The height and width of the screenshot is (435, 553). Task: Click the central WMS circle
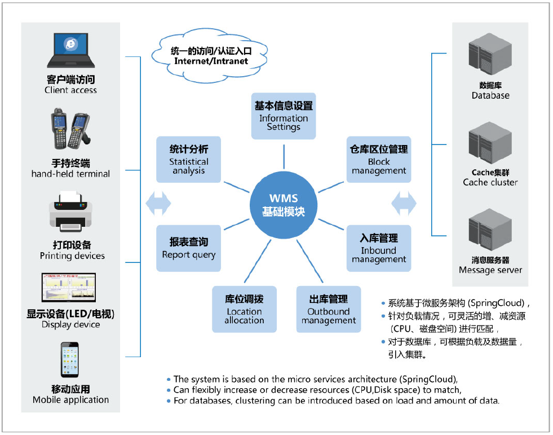(x=284, y=205)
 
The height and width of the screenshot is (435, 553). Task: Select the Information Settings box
(x=284, y=116)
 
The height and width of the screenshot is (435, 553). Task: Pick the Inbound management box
(x=379, y=248)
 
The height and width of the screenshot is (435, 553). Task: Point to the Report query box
(x=189, y=248)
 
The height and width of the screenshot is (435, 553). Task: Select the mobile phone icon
(x=70, y=359)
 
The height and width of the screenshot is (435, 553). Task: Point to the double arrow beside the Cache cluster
(x=404, y=203)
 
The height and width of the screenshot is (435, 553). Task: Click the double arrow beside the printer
(x=158, y=203)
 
